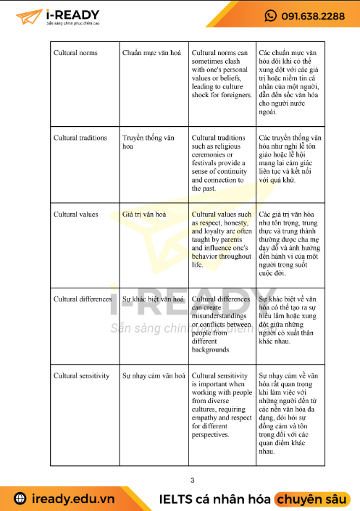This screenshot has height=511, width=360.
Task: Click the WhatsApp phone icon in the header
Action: (271, 16)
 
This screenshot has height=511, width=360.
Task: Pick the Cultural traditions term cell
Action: (80, 138)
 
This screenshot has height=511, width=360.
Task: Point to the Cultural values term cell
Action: (75, 215)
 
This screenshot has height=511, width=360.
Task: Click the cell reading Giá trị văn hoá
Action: (145, 215)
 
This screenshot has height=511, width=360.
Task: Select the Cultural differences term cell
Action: (83, 299)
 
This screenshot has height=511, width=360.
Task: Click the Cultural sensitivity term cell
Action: (82, 375)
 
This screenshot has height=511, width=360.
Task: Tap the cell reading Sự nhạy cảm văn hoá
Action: (151, 375)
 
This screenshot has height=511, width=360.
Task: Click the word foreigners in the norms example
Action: (233, 95)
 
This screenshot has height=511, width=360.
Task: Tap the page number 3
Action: (192, 480)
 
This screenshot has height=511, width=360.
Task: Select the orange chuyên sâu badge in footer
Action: (311, 499)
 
